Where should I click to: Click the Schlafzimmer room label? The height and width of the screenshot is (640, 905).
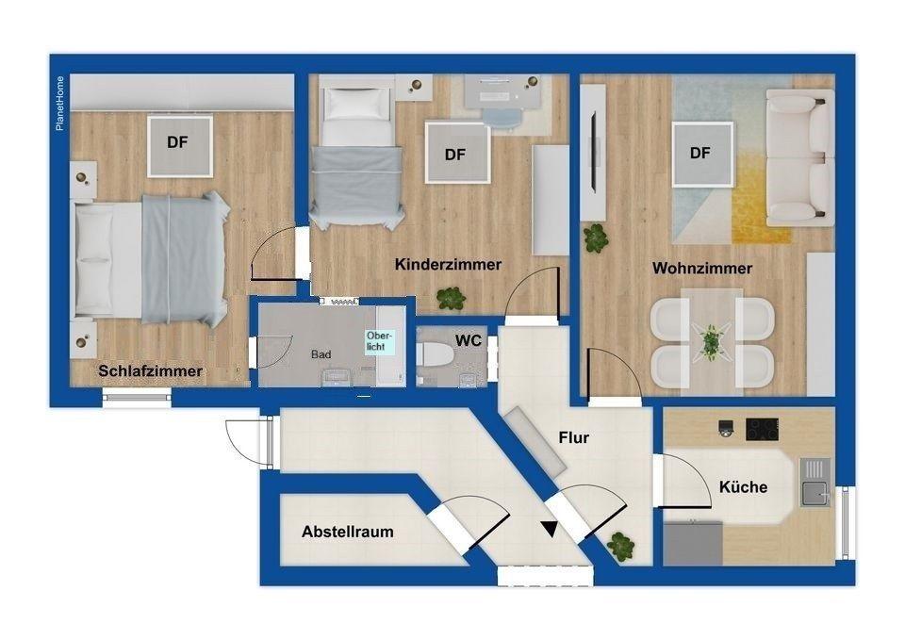(150, 371)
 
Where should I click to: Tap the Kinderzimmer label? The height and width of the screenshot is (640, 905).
(448, 265)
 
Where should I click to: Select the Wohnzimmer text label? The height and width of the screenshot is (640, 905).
(702, 269)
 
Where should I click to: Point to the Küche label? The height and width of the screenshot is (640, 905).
(744, 487)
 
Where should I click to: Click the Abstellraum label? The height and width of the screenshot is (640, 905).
(348, 532)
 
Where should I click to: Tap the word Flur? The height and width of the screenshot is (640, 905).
(574, 437)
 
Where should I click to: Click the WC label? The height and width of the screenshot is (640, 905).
(469, 340)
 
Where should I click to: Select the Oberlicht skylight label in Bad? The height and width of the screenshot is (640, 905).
(379, 340)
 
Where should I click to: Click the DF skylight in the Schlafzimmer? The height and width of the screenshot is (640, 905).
(179, 145)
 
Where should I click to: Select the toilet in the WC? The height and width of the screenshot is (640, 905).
(436, 353)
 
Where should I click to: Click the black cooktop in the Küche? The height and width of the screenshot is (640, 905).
(762, 429)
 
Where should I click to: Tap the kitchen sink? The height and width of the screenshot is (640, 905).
(815, 490)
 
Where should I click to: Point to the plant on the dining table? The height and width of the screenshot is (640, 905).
(711, 341)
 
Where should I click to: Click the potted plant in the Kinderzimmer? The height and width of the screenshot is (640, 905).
(451, 298)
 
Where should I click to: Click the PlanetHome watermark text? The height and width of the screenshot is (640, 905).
(60, 104)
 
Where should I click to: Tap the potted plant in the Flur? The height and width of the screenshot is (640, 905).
(620, 546)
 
